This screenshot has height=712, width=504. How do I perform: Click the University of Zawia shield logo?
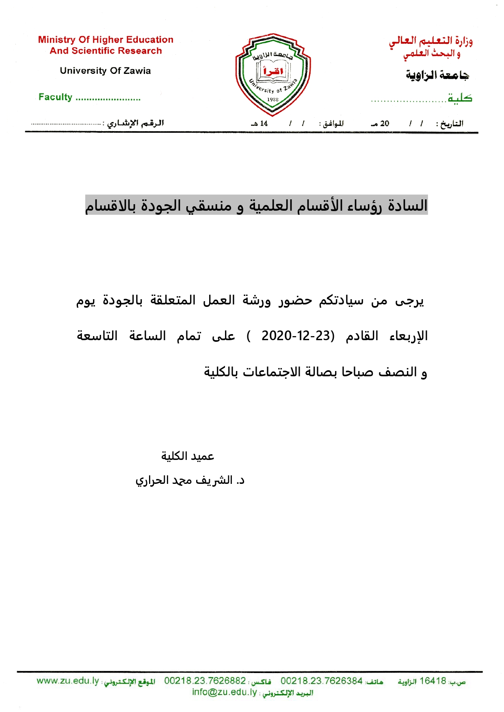[273, 74]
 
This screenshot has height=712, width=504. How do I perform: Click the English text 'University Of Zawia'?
[105, 71]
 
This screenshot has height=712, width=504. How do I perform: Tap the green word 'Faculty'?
[55, 97]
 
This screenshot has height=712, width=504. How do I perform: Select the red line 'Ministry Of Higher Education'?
[106, 40]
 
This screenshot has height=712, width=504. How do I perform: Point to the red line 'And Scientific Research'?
[106, 51]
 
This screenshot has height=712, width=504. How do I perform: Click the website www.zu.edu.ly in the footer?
[67, 681]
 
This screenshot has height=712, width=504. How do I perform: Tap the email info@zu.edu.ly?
[224, 692]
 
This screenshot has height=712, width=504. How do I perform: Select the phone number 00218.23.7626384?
[321, 681]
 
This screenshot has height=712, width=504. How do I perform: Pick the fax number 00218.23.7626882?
[205, 681]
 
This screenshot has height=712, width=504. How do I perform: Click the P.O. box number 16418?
[433, 681]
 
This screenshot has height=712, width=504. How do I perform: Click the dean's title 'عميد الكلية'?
[188, 456]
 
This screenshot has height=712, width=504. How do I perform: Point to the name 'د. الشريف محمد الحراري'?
[190, 480]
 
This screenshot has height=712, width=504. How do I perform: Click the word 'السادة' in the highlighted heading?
[407, 205]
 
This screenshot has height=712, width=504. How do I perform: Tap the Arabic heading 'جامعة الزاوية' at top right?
[437, 75]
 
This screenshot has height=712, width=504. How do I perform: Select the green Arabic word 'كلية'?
[460, 98]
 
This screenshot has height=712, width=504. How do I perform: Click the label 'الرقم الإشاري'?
[136, 123]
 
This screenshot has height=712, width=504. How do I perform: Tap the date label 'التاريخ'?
[452, 123]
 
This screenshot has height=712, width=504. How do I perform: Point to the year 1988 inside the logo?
[273, 99]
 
